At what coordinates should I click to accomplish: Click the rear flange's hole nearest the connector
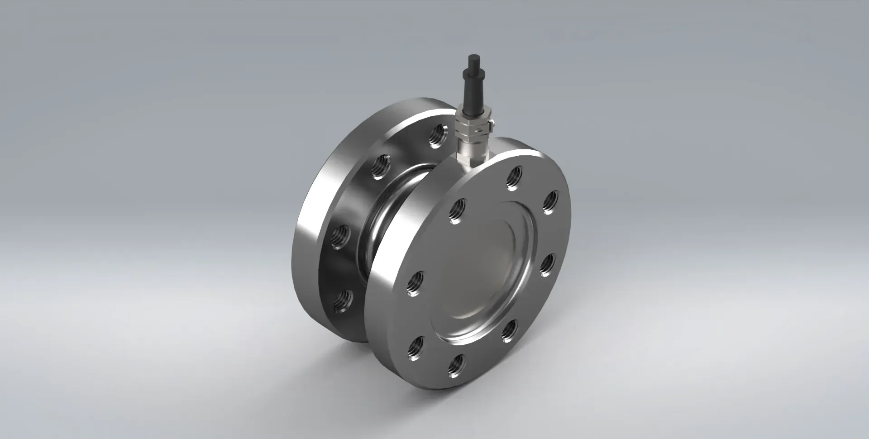[437, 135]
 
